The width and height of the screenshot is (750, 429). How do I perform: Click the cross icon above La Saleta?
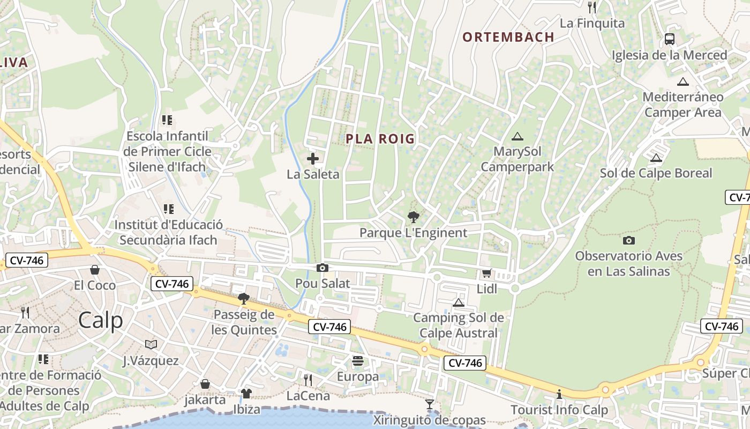coord(313,159)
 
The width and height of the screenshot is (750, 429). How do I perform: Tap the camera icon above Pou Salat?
coord(322,268)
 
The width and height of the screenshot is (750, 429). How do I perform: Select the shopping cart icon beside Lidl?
coord(486,273)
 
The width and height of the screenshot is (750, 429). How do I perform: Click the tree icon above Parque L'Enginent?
coord(413,217)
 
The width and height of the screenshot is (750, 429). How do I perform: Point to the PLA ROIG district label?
coord(380,139)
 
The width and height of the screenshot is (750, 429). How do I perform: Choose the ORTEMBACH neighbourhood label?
coord(508,37)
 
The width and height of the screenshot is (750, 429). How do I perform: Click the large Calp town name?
coord(101,320)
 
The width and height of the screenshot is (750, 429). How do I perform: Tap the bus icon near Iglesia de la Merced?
coord(670,39)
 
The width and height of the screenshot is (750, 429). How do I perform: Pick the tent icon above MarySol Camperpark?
coord(517,137)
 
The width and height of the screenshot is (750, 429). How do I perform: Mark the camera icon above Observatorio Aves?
coord(629,240)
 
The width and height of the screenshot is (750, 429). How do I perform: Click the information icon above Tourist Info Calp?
coord(559,395)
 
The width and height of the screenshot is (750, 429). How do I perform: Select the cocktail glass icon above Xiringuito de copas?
coord(430,404)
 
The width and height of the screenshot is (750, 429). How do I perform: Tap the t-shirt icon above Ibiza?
coord(246,394)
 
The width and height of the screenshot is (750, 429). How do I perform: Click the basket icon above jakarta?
coord(205,384)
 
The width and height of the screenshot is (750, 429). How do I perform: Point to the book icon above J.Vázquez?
coord(151,344)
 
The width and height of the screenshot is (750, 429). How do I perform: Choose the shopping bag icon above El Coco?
coord(95,269)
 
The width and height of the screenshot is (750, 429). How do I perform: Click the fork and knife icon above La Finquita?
coord(592,7)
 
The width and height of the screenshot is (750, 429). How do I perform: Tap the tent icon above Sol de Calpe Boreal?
coord(656,158)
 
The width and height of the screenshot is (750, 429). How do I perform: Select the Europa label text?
coord(358,376)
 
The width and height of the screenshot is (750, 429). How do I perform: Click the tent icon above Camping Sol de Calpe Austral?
coord(458,302)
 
